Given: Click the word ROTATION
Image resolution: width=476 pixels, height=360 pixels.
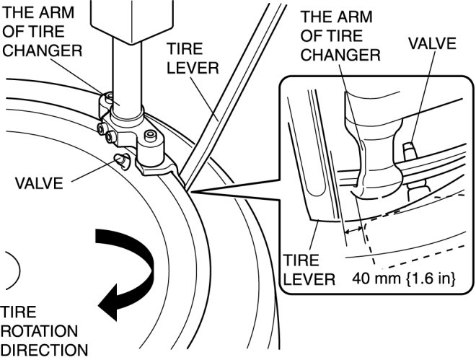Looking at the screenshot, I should coord(39,331).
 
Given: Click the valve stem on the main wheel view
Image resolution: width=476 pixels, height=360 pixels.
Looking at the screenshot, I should coord(120,159).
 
